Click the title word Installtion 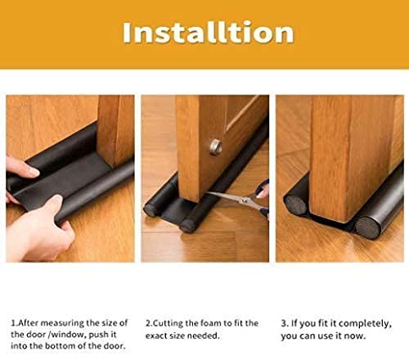point(207,32)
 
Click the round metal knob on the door point(216,146)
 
